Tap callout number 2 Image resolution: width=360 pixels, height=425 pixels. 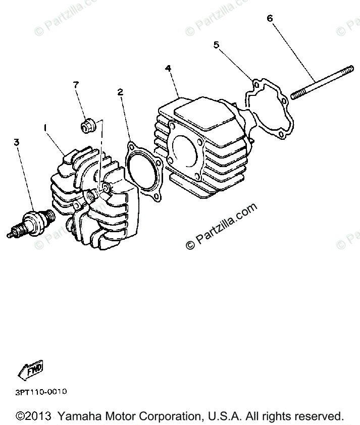(120, 92)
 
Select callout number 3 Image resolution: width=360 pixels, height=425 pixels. (17, 143)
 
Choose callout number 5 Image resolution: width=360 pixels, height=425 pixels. (217, 45)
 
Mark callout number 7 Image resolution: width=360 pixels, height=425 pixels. (76, 85)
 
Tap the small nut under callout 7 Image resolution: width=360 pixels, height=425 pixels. (88, 124)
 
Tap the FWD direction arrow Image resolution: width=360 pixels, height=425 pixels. (31, 370)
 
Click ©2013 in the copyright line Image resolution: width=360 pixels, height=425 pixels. (34, 417)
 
